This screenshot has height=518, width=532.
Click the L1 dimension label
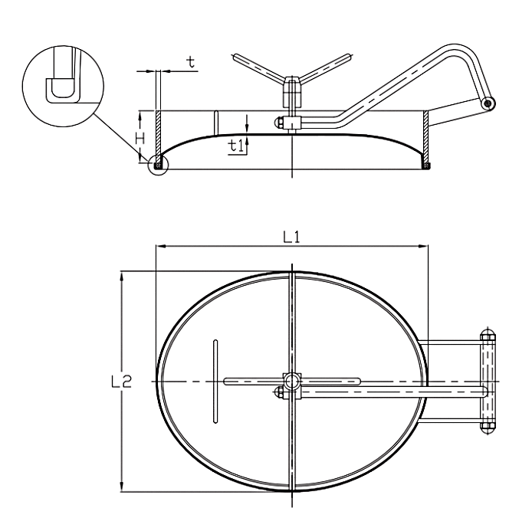(x=292, y=237)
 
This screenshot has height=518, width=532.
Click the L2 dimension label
(x=121, y=382)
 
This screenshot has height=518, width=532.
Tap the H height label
(x=140, y=139)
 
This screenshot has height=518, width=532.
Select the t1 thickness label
(x=236, y=146)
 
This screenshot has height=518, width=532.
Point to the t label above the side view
(x=192, y=62)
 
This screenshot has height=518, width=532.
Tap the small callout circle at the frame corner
(x=158, y=166)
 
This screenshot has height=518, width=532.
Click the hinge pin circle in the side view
(x=488, y=103)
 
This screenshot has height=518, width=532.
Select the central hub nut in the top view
(x=292, y=382)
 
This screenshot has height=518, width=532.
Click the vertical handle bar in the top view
(x=215, y=382)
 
